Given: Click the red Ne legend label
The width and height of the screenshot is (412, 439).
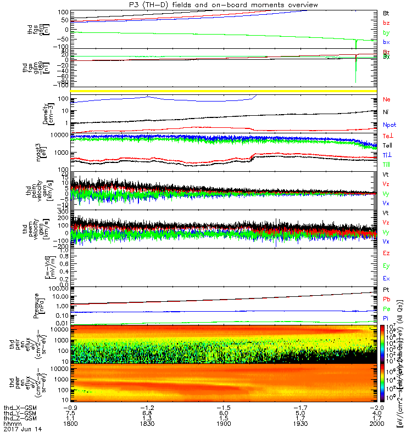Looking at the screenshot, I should click(x=386, y=100).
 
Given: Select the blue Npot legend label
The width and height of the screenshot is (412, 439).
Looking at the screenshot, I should click(x=389, y=125).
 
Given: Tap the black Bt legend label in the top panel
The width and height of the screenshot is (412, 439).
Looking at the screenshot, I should click(x=386, y=12).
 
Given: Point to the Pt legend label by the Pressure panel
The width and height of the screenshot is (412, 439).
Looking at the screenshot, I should click(x=386, y=289).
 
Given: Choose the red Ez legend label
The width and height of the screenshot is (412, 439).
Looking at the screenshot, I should click(x=386, y=253).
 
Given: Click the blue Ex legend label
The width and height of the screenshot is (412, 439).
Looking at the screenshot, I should click(x=386, y=279).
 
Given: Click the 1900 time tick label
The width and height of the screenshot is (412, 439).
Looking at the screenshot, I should click(x=222, y=424).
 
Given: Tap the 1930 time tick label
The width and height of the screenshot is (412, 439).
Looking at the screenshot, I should click(x=299, y=424).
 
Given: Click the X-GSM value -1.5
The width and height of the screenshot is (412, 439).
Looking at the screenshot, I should click(x=222, y=408).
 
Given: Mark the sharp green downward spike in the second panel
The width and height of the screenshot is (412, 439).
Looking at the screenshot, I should click(x=356, y=71).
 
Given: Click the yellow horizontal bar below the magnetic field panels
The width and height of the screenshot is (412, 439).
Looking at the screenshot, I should click(x=222, y=91).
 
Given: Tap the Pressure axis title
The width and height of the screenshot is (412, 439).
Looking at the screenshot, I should click(x=36, y=305).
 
